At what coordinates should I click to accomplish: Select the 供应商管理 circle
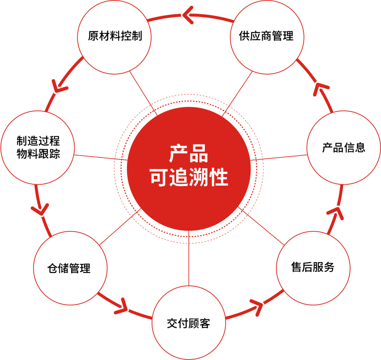coord(267,37)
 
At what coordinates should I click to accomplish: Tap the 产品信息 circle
coord(343,148)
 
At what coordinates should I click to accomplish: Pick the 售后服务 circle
coord(313,268)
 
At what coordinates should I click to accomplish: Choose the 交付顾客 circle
coord(189,323)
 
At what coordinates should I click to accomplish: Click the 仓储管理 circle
coord(70,268)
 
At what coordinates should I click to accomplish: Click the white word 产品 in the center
coord(188,154)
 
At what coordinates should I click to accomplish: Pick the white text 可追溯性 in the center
coord(189,178)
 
